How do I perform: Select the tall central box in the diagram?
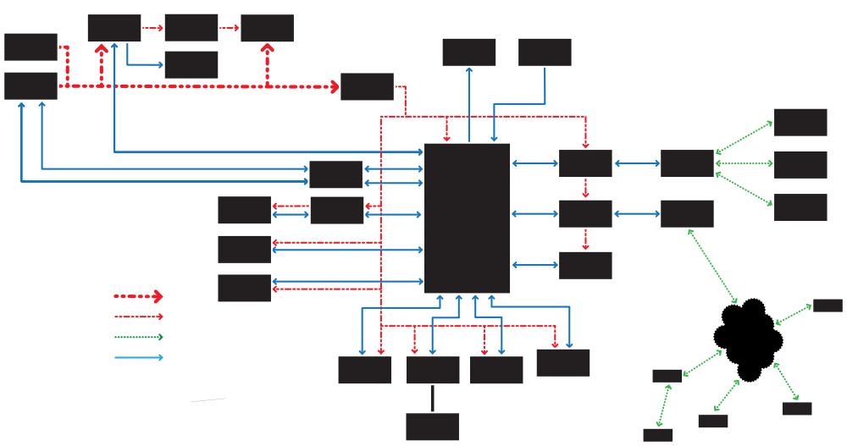click(467, 217)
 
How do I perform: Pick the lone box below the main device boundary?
click(432, 427)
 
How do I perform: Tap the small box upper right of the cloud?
click(828, 306)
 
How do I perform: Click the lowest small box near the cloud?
click(657, 435)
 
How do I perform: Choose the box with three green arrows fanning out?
click(687, 163)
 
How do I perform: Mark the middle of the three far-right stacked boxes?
click(800, 165)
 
